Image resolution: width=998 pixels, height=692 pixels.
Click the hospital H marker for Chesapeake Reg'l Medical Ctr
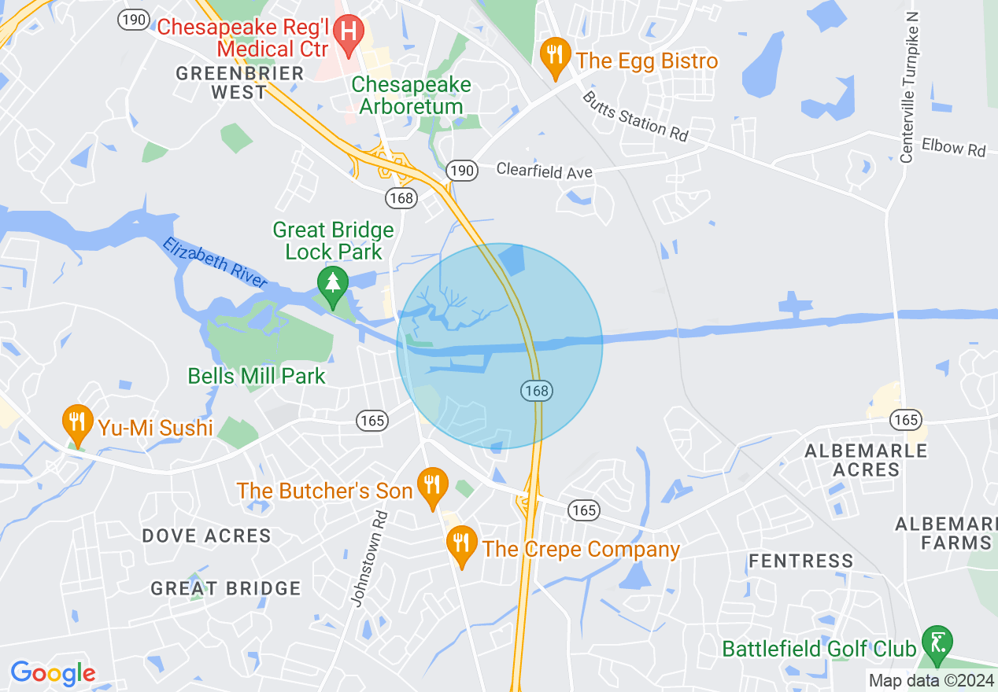coord(348,32)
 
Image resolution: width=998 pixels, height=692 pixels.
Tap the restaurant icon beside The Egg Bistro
coord(556,56)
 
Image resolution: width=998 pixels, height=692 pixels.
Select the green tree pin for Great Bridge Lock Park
coord(333,284)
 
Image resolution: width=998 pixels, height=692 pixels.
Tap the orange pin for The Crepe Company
coord(461,543)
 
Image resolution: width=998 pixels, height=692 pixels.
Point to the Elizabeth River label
coord(215,259)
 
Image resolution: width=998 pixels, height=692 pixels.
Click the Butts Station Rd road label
coord(635,116)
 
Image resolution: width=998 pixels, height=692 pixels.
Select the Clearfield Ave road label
coord(544,171)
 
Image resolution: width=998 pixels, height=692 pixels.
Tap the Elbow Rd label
coord(954,147)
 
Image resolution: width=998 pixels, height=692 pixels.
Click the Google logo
coord(53,674)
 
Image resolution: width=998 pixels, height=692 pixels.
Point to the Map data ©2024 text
coord(930,680)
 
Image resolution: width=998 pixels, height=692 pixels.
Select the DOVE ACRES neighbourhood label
coord(206,536)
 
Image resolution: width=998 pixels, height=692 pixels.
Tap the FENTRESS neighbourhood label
coord(800,561)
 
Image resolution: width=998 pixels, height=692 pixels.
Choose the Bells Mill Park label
coord(257,376)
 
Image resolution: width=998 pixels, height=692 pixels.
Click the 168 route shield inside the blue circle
coord(535,390)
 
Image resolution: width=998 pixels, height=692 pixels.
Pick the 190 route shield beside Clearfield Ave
coord(462,170)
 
